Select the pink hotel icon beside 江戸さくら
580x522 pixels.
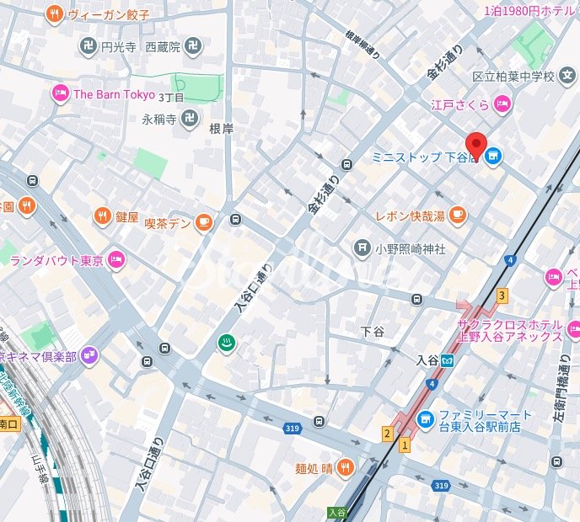(x=502, y=104)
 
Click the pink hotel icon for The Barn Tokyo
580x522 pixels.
(x=60, y=94)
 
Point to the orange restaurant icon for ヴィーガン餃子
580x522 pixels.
(x=54, y=13)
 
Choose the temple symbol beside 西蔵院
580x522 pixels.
(x=193, y=46)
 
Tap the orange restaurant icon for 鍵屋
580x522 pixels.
(x=102, y=216)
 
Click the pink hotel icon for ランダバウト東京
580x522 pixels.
(x=115, y=260)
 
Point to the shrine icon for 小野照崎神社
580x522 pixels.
(x=362, y=248)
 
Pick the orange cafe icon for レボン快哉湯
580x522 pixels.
(x=457, y=216)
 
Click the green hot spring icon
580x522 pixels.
(x=227, y=342)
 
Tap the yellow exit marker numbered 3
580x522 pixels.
(x=502, y=296)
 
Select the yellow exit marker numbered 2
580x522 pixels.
(x=387, y=434)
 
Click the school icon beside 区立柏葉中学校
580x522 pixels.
(x=569, y=77)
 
